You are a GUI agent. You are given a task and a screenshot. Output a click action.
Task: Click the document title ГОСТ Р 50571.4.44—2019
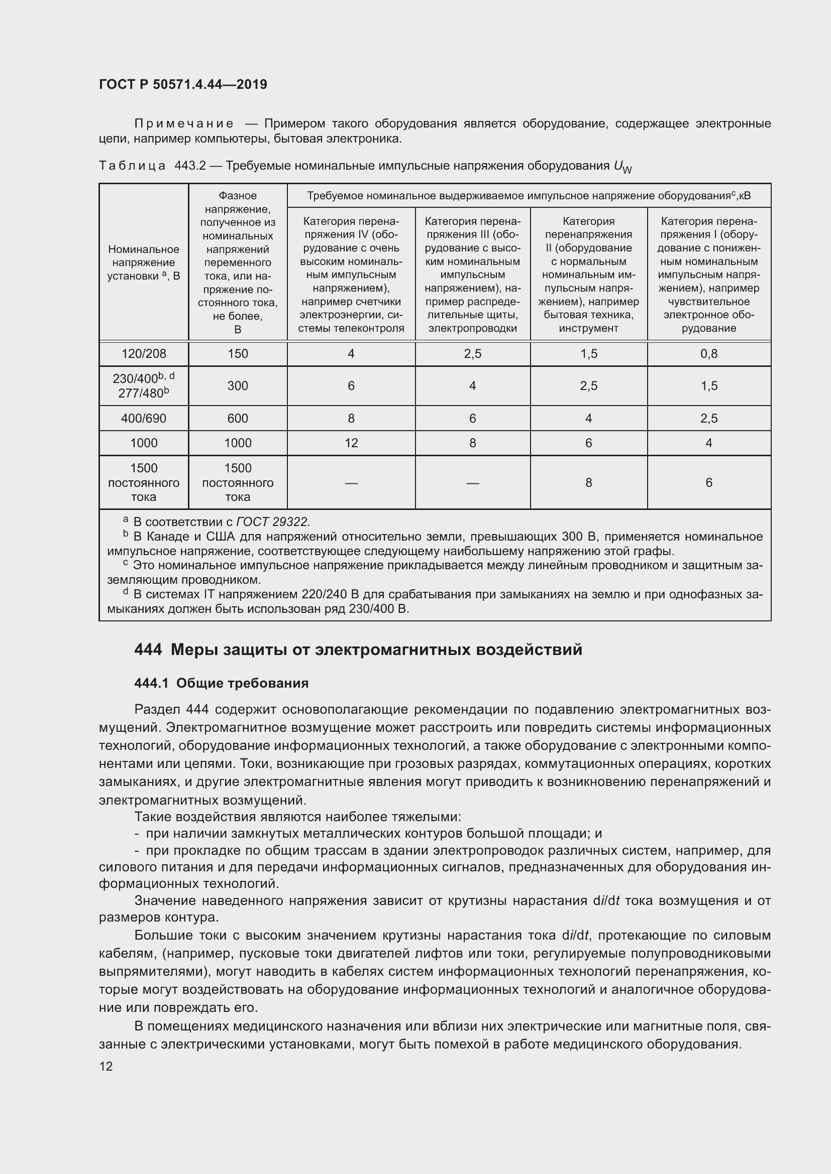[x=183, y=84]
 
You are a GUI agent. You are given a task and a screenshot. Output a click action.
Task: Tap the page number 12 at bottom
[x=106, y=1066]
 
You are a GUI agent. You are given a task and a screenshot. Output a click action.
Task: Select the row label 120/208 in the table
[x=144, y=354]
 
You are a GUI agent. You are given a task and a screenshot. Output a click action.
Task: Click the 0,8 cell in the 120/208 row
[x=709, y=354]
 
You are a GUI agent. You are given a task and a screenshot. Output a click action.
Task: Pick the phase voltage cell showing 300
[x=238, y=385]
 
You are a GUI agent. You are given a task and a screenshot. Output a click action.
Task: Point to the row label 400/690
[x=144, y=418]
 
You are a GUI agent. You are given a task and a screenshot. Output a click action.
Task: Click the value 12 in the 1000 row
[x=351, y=443]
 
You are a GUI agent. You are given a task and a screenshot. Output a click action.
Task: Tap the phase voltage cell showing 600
[x=238, y=418]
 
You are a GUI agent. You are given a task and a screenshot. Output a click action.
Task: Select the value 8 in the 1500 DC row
[x=588, y=482]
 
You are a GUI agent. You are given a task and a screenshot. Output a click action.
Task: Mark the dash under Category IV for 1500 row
[x=351, y=483]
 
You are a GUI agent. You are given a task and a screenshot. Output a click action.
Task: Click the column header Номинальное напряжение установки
[x=144, y=263]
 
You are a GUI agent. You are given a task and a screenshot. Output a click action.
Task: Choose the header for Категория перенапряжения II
[x=588, y=275]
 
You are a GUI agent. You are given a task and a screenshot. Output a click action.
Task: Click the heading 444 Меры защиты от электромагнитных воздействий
[x=358, y=650]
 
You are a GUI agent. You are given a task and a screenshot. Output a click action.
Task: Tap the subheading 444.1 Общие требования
[x=222, y=684]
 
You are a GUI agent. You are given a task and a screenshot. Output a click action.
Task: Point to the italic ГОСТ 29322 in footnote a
[x=273, y=522]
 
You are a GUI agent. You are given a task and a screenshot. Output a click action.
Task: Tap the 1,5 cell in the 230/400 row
[x=709, y=385]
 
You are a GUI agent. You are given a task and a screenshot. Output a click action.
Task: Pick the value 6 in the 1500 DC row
[x=709, y=482]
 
